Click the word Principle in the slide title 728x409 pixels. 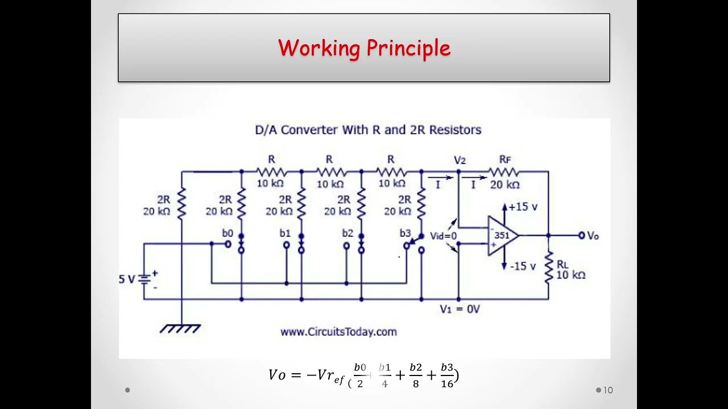pos(408,48)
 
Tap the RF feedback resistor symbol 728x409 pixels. pos(504,172)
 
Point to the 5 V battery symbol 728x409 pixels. pos(146,279)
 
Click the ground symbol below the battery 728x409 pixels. pos(181,328)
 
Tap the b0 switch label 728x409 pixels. pos(227,233)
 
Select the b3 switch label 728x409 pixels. pos(405,233)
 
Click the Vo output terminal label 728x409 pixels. pos(593,236)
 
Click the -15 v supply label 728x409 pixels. pos(523,266)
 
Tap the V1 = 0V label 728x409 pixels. pos(460,309)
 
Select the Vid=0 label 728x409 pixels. pos(443,236)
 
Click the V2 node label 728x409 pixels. pos(460,160)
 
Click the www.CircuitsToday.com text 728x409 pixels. pos(338,332)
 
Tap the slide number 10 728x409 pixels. pos(608,390)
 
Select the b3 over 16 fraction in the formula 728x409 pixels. pos(447,375)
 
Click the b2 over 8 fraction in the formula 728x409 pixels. pos(416,375)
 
